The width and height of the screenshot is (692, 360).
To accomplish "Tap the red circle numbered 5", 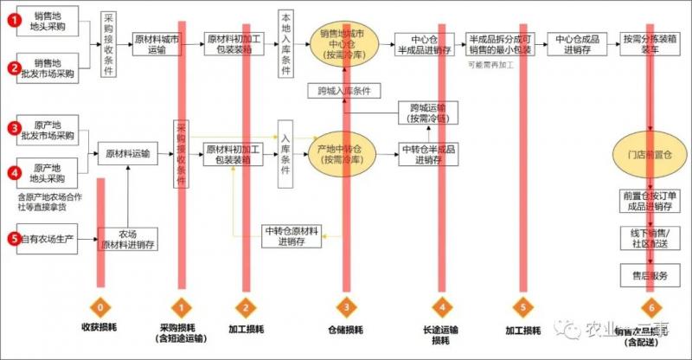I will click(x=14, y=235).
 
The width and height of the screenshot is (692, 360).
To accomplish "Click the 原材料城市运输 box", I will click(x=158, y=45).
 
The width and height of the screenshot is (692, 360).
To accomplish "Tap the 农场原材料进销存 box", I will click(x=127, y=239).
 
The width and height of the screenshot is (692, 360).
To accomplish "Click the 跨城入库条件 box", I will click(x=343, y=90).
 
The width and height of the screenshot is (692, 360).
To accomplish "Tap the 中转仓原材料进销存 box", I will click(x=293, y=235).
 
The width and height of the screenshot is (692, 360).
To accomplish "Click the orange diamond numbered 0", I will click(x=102, y=306).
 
